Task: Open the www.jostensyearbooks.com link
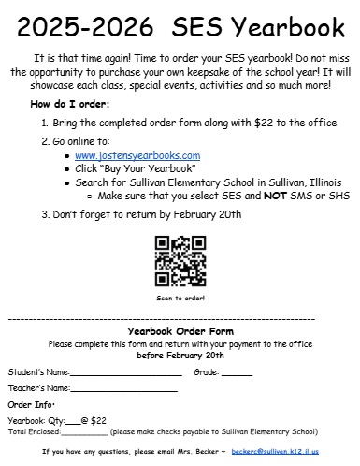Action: (x=137, y=154)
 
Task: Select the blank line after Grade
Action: (x=237, y=372)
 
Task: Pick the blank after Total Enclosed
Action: (x=84, y=432)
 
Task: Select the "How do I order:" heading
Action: (x=70, y=103)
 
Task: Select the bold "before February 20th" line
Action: (x=180, y=356)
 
